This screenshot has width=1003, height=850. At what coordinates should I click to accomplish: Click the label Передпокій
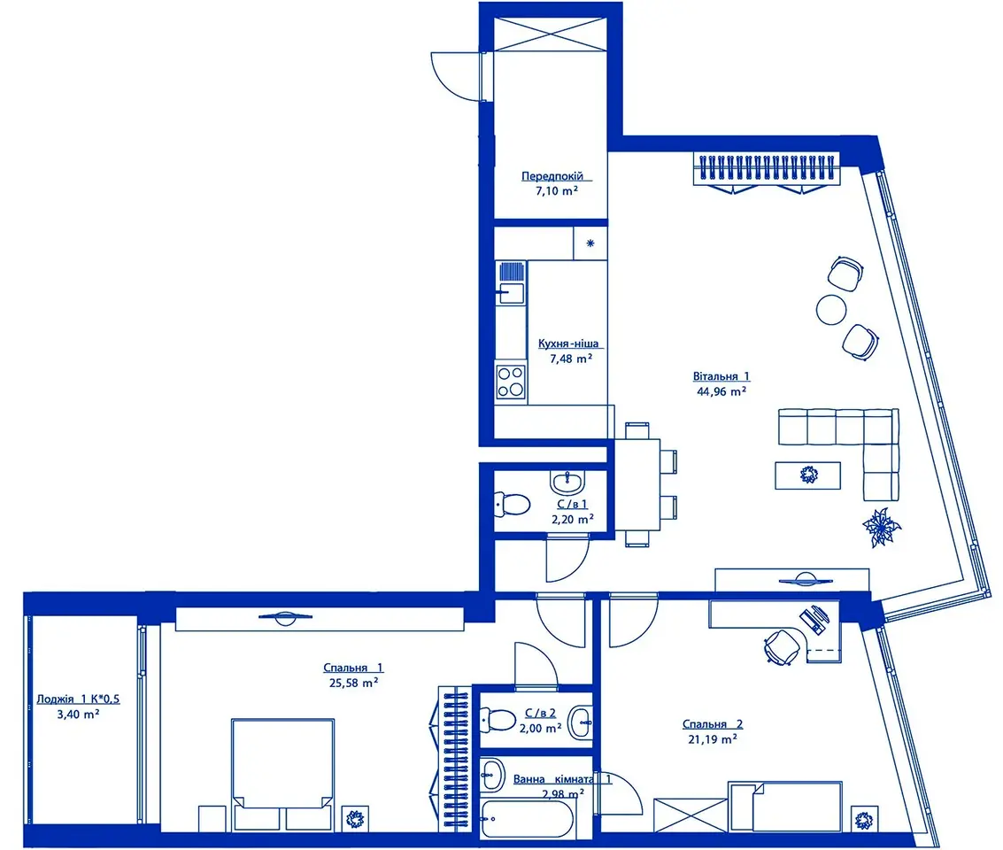(x=552, y=176)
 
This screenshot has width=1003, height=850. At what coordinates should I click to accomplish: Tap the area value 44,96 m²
(x=721, y=391)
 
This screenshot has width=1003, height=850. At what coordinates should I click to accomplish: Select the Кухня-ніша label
(x=568, y=344)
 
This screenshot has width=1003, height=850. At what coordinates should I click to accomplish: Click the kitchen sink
(x=511, y=283)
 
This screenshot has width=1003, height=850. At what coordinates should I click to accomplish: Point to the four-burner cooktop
(x=511, y=382)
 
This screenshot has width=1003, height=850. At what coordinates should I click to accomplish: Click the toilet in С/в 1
(x=512, y=505)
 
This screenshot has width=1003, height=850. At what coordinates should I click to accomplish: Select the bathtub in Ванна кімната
(x=528, y=818)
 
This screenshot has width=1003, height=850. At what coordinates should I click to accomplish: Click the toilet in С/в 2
(x=497, y=720)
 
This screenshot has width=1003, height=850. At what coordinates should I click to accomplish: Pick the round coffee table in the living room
(x=831, y=310)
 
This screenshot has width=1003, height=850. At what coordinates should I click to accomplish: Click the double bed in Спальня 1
(x=282, y=774)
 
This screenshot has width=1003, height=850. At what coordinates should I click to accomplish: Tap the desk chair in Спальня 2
(x=782, y=646)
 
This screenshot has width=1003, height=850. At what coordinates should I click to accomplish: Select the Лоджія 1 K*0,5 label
(x=78, y=699)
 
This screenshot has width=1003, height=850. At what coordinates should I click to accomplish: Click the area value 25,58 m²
(x=353, y=683)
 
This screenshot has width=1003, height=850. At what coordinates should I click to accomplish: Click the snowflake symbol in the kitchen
(x=590, y=243)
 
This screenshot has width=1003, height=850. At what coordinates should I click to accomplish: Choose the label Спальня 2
(x=712, y=724)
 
